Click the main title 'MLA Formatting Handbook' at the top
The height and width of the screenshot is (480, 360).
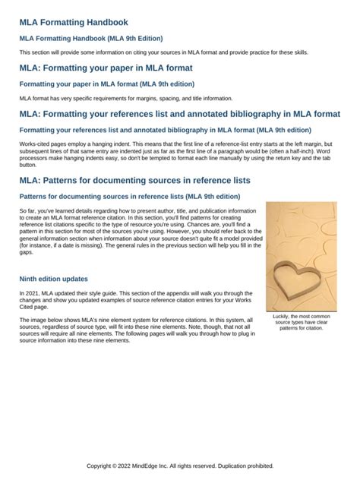coord(74,23)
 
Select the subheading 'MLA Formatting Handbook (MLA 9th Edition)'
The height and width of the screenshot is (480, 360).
coord(91,38)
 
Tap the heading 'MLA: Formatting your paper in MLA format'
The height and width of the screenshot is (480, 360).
coord(106,68)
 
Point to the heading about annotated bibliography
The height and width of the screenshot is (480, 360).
coord(180,115)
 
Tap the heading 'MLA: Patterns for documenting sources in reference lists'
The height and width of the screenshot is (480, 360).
coord(134,181)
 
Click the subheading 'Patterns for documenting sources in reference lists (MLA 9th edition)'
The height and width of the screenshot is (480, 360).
coord(129,196)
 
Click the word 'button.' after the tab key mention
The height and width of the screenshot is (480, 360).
coord(28,165)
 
